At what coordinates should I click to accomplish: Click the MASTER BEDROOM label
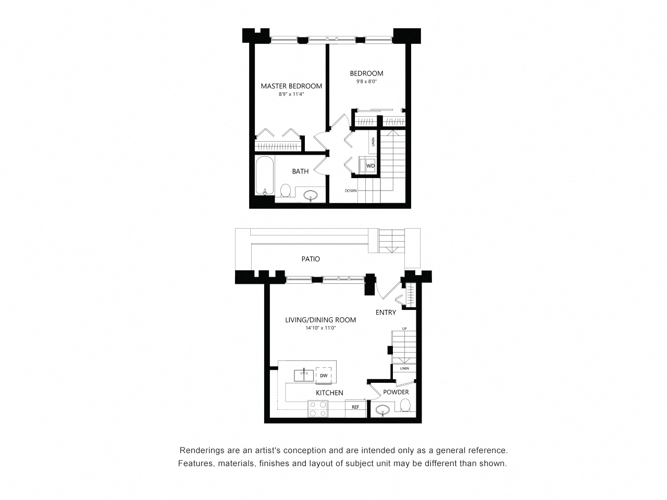click(291, 86)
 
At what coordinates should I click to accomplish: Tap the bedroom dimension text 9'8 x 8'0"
click(366, 82)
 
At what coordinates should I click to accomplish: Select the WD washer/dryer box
click(370, 166)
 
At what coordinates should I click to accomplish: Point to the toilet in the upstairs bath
click(286, 191)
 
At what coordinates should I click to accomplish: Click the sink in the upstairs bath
click(311, 196)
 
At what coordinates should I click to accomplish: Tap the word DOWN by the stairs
click(351, 191)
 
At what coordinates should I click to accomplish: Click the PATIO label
click(311, 259)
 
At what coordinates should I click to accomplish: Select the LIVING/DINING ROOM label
click(320, 320)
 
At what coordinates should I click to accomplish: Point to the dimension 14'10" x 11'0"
click(321, 328)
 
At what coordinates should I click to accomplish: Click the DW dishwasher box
click(324, 376)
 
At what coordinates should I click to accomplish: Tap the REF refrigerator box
click(355, 407)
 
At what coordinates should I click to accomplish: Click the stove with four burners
click(317, 408)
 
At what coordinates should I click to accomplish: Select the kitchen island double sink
click(303, 375)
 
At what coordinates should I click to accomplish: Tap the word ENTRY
click(386, 312)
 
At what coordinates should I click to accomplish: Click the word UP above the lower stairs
click(404, 329)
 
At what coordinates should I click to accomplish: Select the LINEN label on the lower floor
click(404, 368)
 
